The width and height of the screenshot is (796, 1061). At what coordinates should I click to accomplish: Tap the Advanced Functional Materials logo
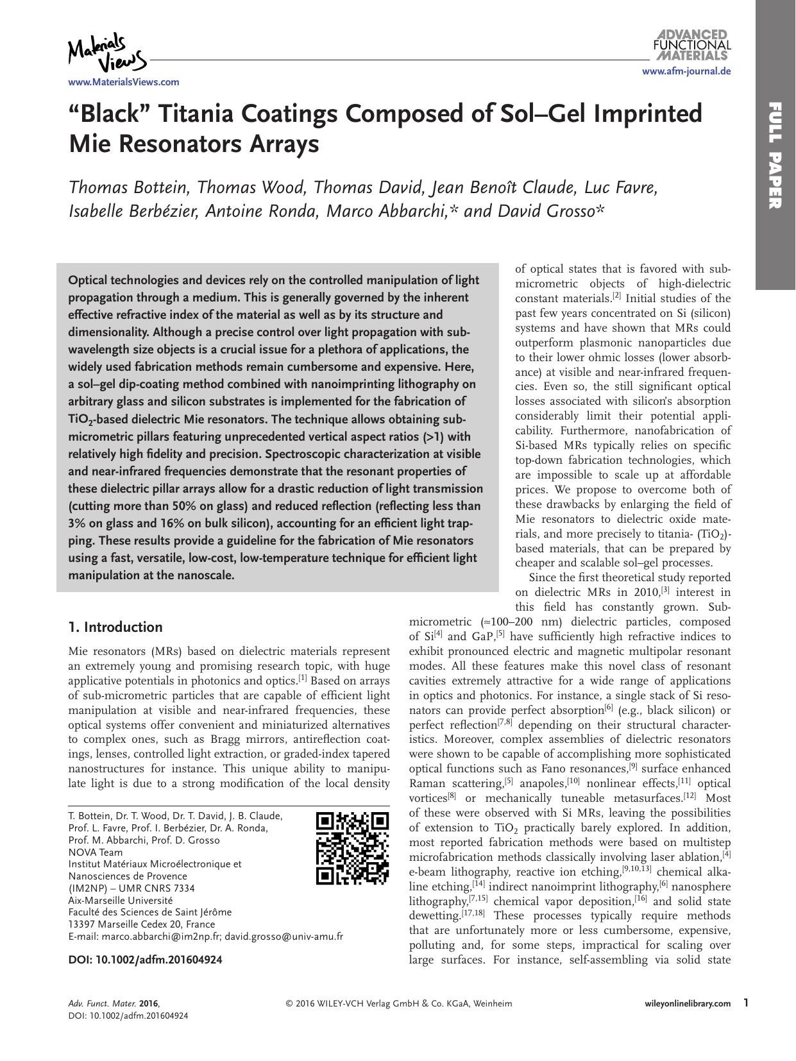click(691, 44)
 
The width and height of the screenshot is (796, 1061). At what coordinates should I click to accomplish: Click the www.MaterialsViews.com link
click(124, 82)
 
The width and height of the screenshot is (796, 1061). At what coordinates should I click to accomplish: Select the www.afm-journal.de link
click(686, 72)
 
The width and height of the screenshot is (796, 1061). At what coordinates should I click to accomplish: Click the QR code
click(353, 849)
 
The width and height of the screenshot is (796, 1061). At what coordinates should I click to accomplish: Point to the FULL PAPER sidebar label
click(775, 155)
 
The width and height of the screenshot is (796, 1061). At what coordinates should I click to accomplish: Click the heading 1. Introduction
click(115, 627)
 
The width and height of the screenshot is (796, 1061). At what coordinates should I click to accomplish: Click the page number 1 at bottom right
click(746, 1002)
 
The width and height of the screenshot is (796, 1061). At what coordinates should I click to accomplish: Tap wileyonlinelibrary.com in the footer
click(687, 1003)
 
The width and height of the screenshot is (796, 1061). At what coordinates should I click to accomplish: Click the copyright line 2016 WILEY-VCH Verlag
click(398, 1003)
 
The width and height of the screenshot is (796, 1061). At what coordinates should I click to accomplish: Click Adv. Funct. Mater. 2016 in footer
click(114, 1003)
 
